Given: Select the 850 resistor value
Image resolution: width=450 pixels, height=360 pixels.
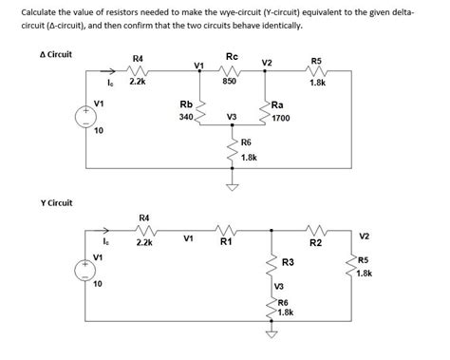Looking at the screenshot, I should click(x=230, y=83).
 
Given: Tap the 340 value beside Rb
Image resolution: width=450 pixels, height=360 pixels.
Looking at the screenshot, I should click(x=185, y=118).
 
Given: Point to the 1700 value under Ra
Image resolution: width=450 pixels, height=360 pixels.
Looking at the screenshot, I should click(x=280, y=119).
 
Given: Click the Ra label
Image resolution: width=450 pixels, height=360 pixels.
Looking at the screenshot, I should click(x=276, y=104).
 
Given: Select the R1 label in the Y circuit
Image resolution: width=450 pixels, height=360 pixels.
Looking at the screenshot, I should click(x=226, y=243).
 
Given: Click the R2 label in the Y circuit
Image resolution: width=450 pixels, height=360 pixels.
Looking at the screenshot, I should click(x=316, y=244).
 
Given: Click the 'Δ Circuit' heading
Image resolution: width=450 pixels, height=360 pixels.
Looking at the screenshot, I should click(x=56, y=55).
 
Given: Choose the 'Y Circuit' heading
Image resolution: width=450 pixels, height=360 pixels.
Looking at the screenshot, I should click(x=55, y=202).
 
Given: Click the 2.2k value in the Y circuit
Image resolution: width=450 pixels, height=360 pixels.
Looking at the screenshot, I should click(x=144, y=243).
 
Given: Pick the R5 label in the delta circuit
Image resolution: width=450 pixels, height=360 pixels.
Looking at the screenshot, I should click(x=317, y=61).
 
